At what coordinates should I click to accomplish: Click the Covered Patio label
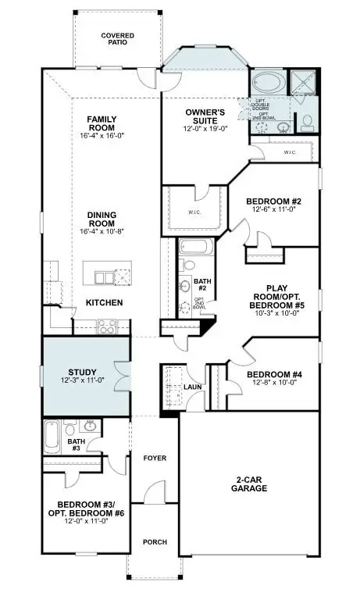coord(116,38)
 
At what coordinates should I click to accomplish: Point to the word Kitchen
coord(103,302)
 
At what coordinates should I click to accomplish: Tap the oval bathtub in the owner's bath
coord(269,84)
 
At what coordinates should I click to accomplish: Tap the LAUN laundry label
coord(194,387)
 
